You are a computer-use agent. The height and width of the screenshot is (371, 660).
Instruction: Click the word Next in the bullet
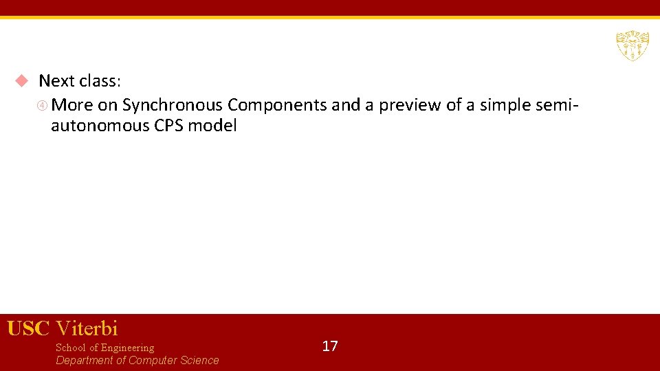point(56,81)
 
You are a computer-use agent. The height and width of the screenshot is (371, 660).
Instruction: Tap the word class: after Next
point(100,81)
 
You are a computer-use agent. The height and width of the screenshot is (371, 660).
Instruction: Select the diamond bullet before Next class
point(21,81)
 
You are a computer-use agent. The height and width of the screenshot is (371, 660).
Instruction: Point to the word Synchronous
point(173,105)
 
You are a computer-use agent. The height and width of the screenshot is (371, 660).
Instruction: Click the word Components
point(277,105)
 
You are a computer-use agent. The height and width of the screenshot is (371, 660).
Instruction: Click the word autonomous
point(100,126)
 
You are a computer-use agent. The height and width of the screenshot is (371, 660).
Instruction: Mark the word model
point(212,126)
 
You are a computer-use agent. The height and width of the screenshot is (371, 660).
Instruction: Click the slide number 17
point(330,346)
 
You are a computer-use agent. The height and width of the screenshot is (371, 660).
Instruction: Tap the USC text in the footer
point(28,328)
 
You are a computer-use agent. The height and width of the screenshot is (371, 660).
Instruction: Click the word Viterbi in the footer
point(87,328)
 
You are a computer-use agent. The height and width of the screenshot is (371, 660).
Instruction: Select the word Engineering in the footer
point(127,348)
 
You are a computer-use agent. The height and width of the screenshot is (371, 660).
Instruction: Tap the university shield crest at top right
point(632,45)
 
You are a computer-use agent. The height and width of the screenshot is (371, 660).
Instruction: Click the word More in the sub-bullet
point(72,105)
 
